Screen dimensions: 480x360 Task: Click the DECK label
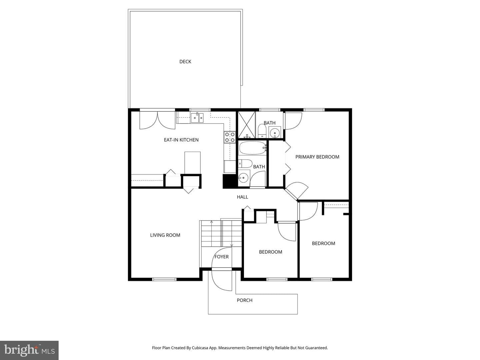coord(185,62)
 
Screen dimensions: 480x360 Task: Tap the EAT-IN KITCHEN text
coord(181,140)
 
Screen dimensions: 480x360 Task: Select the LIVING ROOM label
coord(165,235)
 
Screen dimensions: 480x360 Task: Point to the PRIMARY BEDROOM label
coord(317,157)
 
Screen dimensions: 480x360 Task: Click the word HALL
coord(243,197)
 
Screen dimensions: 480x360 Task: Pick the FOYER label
coord(222,257)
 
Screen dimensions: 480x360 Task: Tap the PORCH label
coord(245,300)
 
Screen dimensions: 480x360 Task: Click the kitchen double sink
coord(197,118)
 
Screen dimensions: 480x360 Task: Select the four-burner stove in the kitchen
coord(230,137)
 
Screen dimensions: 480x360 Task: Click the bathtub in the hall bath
coord(252,148)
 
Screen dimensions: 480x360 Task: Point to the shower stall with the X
coord(246,125)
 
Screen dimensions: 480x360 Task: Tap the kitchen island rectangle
coord(192,163)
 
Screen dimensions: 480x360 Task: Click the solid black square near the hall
coord(229,181)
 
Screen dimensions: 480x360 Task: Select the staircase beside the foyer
coord(220,234)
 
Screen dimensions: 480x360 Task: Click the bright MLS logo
coord(29,350)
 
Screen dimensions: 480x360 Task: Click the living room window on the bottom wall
coord(164,279)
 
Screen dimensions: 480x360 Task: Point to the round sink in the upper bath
coord(274,132)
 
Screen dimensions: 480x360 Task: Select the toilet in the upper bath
coord(262,131)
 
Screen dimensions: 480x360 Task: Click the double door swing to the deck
coord(157,120)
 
